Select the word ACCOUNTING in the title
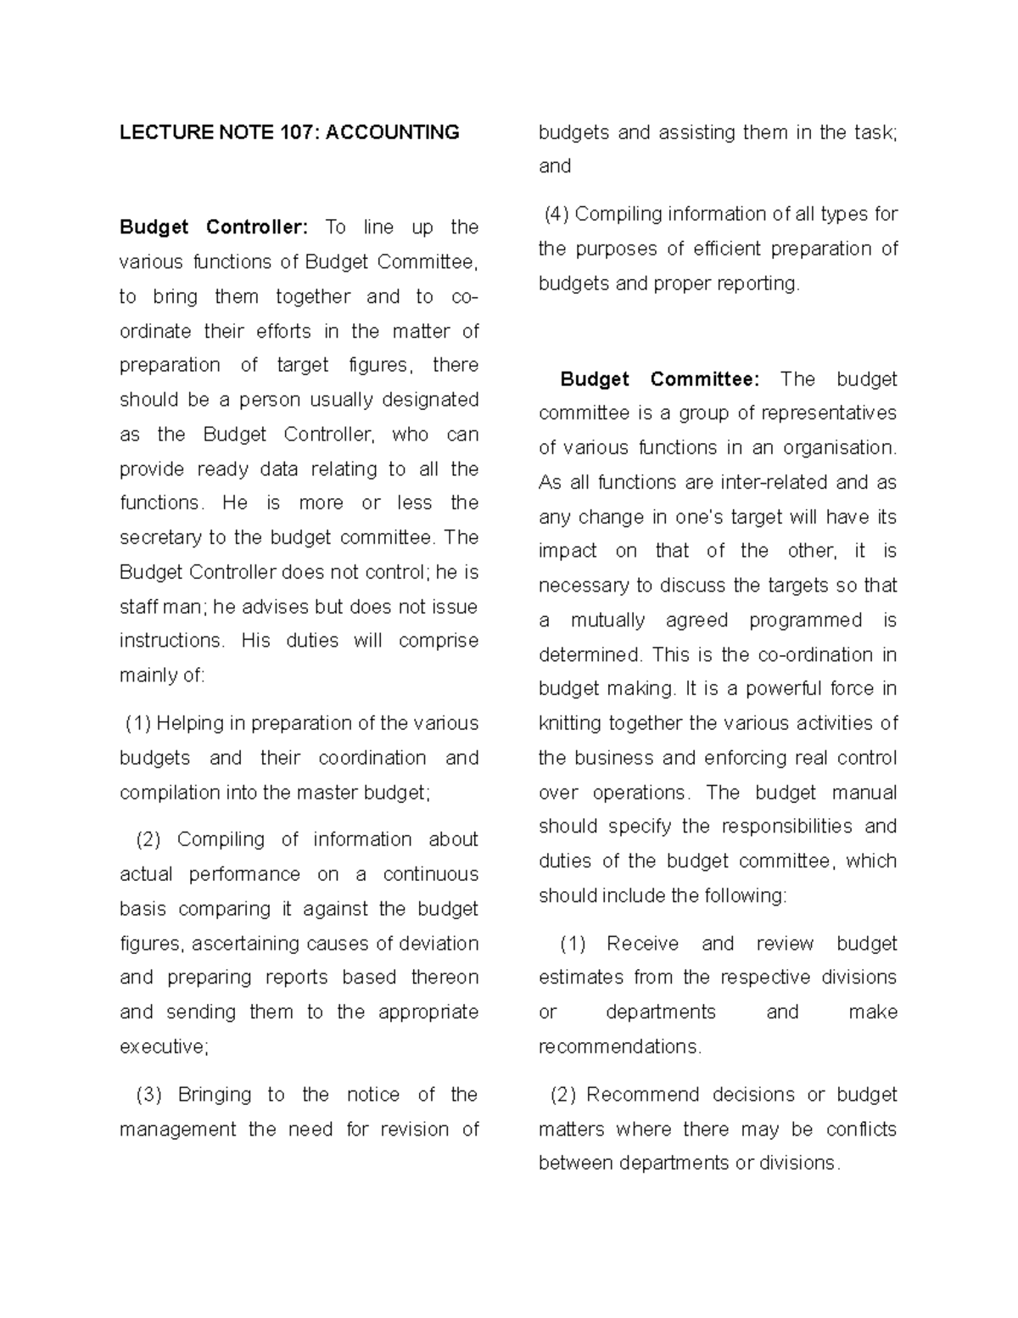[x=393, y=132]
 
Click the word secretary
[x=160, y=538]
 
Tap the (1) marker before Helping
[x=138, y=724]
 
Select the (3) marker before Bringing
[x=148, y=1095]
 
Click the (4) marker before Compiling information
[x=557, y=214]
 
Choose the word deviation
[x=439, y=944]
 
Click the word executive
[x=163, y=1047]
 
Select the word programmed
[x=805, y=620]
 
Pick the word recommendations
[x=619, y=1047]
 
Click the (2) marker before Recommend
[x=563, y=1095]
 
